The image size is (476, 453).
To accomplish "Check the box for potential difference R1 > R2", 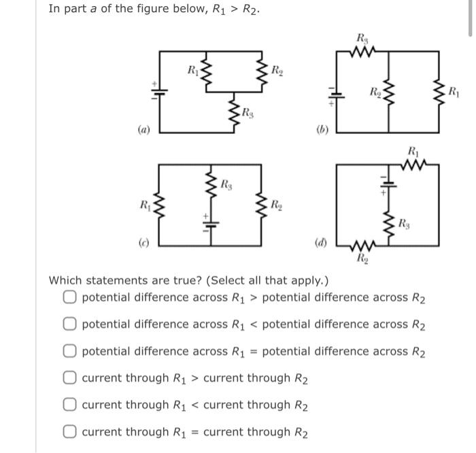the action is click(71, 297).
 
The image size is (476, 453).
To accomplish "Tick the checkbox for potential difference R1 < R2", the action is click(71, 324).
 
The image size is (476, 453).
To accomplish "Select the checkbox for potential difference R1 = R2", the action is click(71, 351).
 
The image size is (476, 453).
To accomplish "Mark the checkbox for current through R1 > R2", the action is click(71, 377).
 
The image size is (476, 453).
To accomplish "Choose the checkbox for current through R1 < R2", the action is click(71, 405).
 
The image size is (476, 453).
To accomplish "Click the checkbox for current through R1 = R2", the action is click(71, 431).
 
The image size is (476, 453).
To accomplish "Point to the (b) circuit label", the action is click(323, 129).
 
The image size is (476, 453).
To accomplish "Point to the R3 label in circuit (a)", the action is click(248, 112).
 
